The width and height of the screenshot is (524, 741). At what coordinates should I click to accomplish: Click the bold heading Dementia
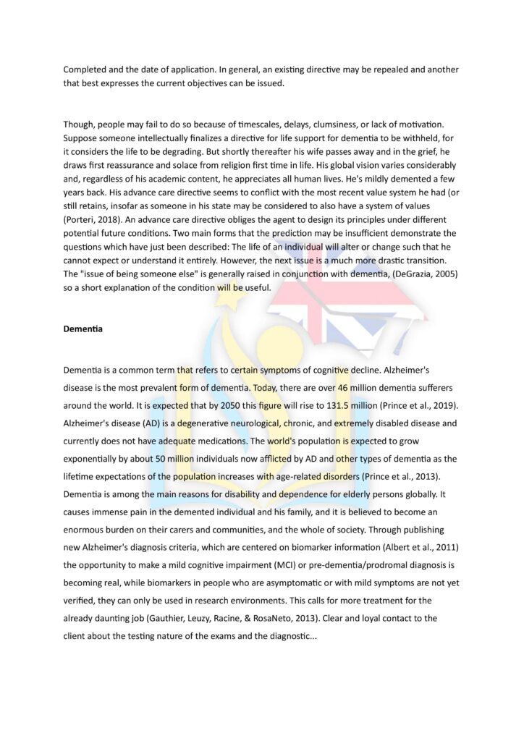point(83,329)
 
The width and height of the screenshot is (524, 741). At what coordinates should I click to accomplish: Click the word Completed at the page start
point(89,69)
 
